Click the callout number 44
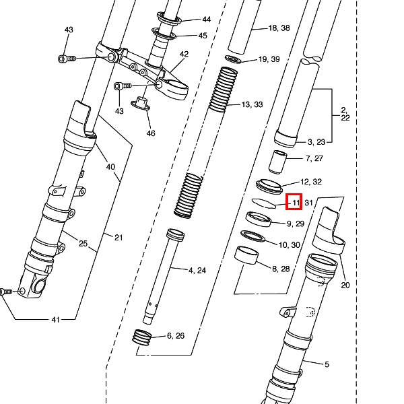click(x=206, y=20)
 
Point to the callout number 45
click(x=203, y=36)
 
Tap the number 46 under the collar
click(x=151, y=133)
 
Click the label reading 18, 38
click(x=279, y=28)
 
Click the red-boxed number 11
click(x=295, y=202)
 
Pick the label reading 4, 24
click(x=197, y=271)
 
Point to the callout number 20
click(x=345, y=285)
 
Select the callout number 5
click(x=327, y=365)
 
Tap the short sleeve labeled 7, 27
click(x=279, y=162)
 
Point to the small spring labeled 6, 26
click(x=143, y=336)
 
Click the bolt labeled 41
click(x=6, y=292)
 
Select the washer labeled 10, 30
click(x=252, y=236)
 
